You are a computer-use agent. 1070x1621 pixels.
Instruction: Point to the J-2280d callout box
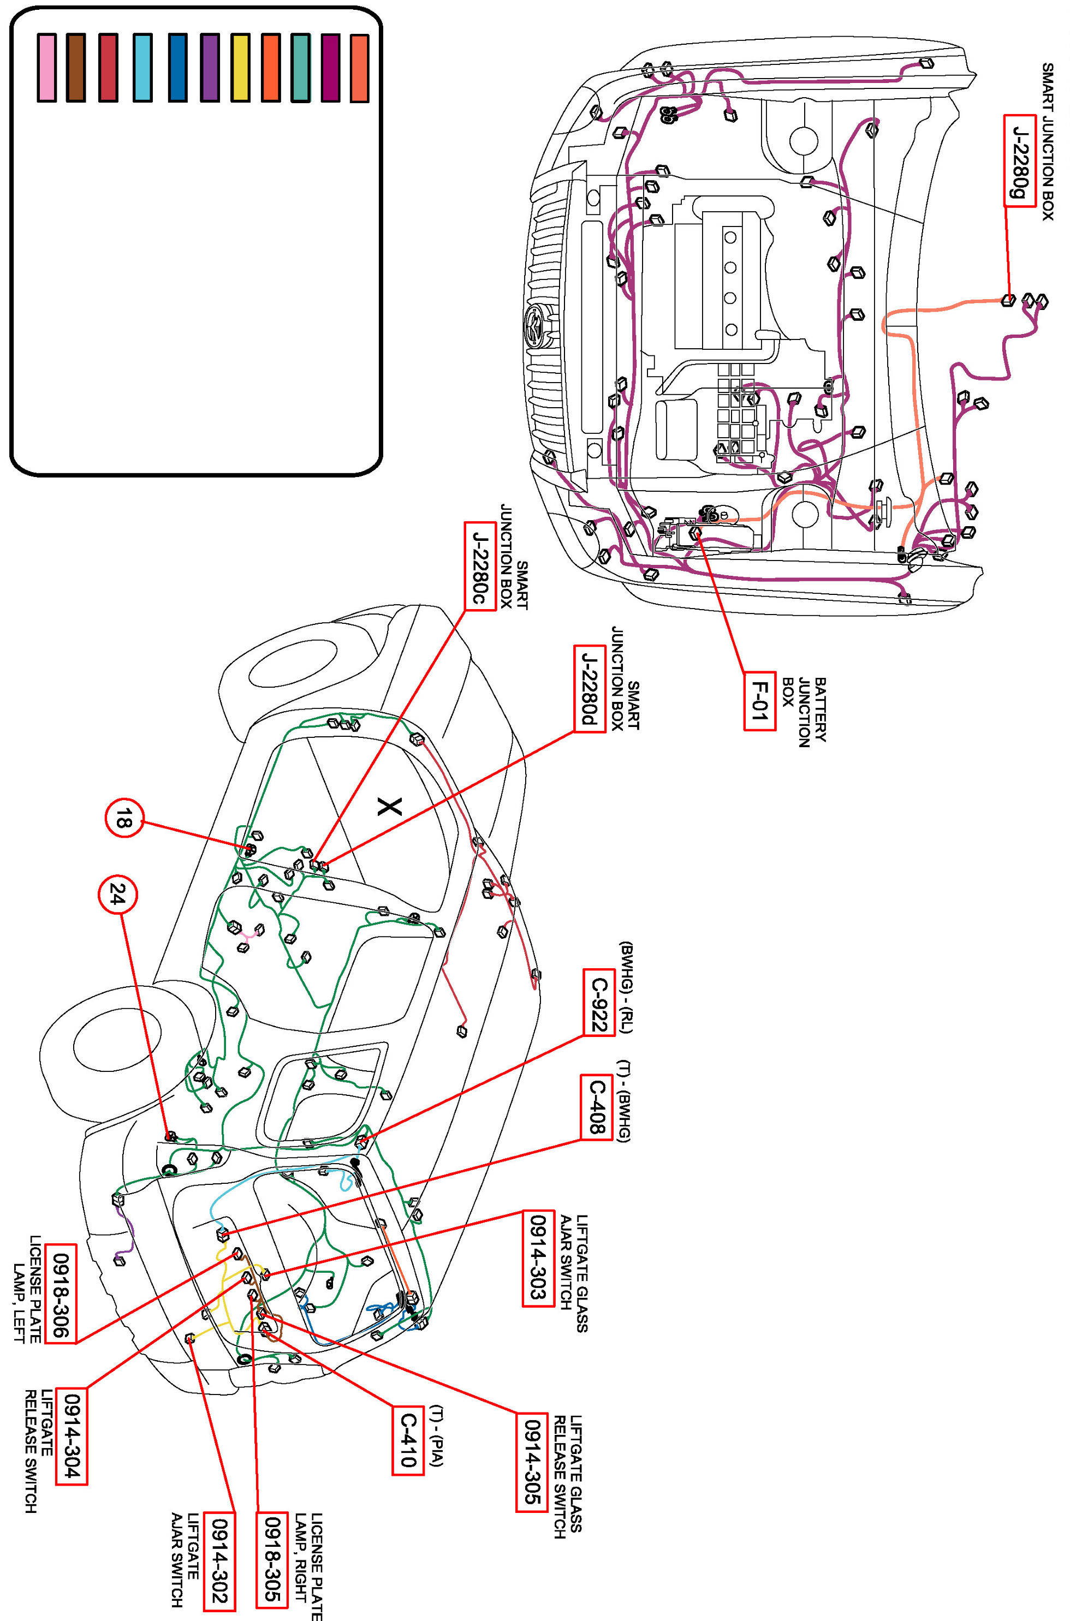[x=590, y=688]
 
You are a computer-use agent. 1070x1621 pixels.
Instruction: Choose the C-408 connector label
[x=596, y=1107]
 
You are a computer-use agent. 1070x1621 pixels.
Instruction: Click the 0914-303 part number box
[x=538, y=1258]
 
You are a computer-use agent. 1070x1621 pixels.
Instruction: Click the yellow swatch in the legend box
[x=240, y=68]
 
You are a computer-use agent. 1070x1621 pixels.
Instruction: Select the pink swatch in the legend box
[x=46, y=68]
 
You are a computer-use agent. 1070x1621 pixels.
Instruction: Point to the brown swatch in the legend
[x=76, y=68]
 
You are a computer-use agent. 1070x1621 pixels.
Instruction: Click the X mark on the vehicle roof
[x=390, y=807]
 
